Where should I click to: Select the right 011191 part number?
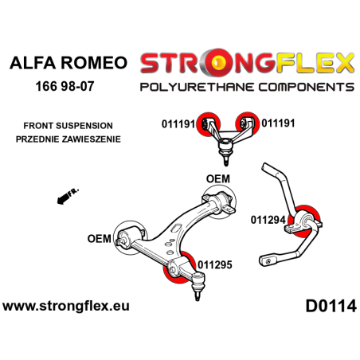[x=280, y=123]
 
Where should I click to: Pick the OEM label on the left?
[x=100, y=237]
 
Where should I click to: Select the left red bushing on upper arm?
[x=211, y=123]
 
